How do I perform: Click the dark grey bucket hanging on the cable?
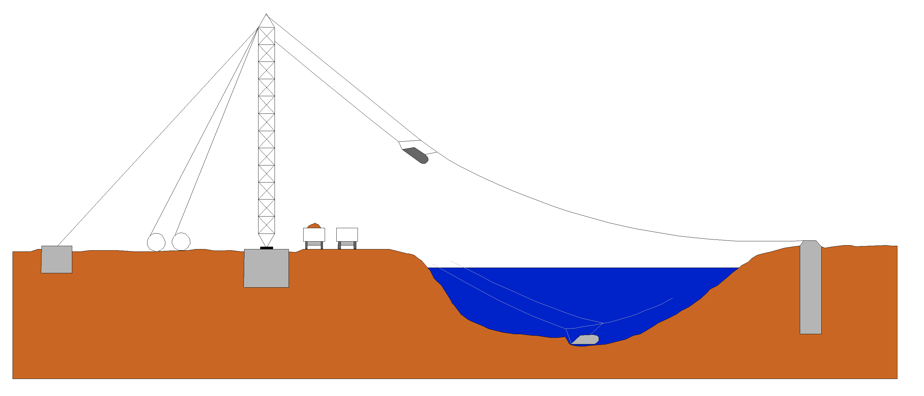pyautogui.click(x=416, y=155)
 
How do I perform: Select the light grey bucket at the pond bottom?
pyautogui.click(x=585, y=340)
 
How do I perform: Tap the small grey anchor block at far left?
pyautogui.click(x=57, y=259)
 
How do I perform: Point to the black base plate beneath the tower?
pyautogui.click(x=267, y=248)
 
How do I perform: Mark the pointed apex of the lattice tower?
pyautogui.click(x=266, y=15)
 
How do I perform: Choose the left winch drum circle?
pyautogui.click(x=156, y=242)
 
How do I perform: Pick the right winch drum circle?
pyautogui.click(x=181, y=241)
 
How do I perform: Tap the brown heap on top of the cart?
pyautogui.click(x=314, y=226)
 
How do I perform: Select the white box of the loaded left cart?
pyautogui.click(x=314, y=235)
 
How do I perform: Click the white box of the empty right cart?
pyautogui.click(x=347, y=235)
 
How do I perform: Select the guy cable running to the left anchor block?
pyautogui.click(x=158, y=136)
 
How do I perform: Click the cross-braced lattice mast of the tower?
pyautogui.click(x=267, y=129)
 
